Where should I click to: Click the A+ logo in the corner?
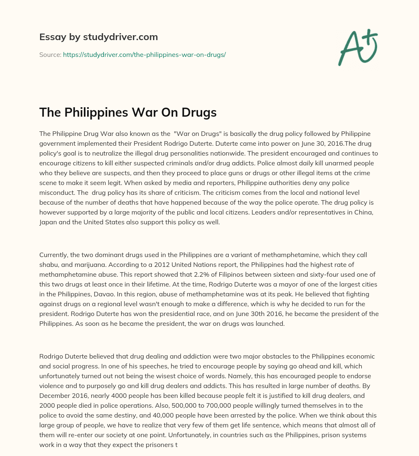tap(358, 47)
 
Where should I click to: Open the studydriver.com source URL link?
tap(144, 54)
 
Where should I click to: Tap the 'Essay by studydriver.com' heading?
tap(98, 37)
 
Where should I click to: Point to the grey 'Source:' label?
tap(50, 54)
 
